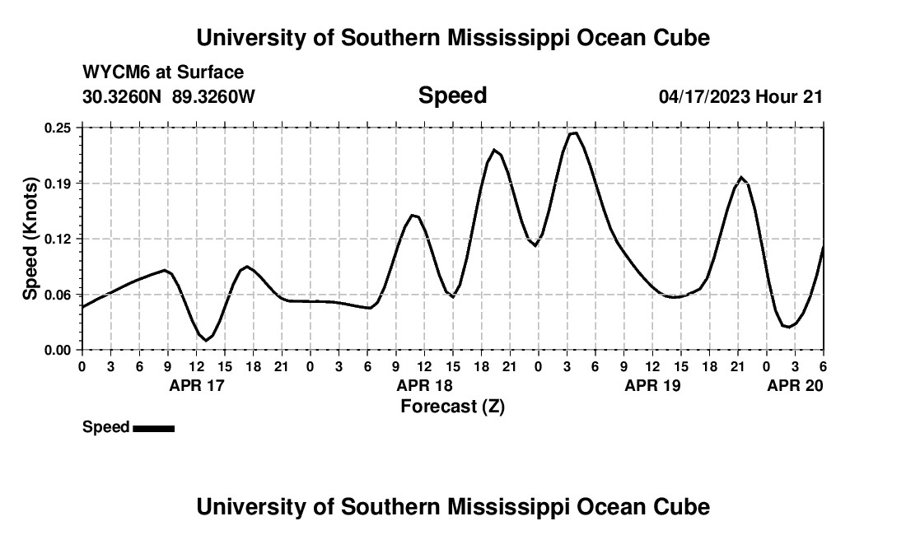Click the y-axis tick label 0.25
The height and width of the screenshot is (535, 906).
58,128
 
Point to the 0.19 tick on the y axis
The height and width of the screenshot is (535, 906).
58,183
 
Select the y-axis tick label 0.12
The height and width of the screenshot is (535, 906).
58,239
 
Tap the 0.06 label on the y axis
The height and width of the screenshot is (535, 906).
58,295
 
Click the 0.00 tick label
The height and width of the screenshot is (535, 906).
58,350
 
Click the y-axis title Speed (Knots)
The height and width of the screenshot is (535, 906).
30,239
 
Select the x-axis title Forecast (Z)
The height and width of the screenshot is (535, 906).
452,406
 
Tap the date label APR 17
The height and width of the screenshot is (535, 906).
196,385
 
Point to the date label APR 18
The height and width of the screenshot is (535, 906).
424,385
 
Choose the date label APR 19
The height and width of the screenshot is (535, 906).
652,385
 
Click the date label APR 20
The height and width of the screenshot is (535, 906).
795,385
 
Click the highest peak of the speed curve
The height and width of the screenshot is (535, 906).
573,133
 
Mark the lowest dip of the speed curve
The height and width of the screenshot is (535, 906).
205,340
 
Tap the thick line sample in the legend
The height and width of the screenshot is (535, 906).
153,428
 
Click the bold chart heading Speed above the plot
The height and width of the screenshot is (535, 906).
452,95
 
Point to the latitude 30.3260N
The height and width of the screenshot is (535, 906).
123,96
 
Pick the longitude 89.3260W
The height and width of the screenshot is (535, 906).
213,96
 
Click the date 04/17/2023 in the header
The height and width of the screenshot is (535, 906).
704,96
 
